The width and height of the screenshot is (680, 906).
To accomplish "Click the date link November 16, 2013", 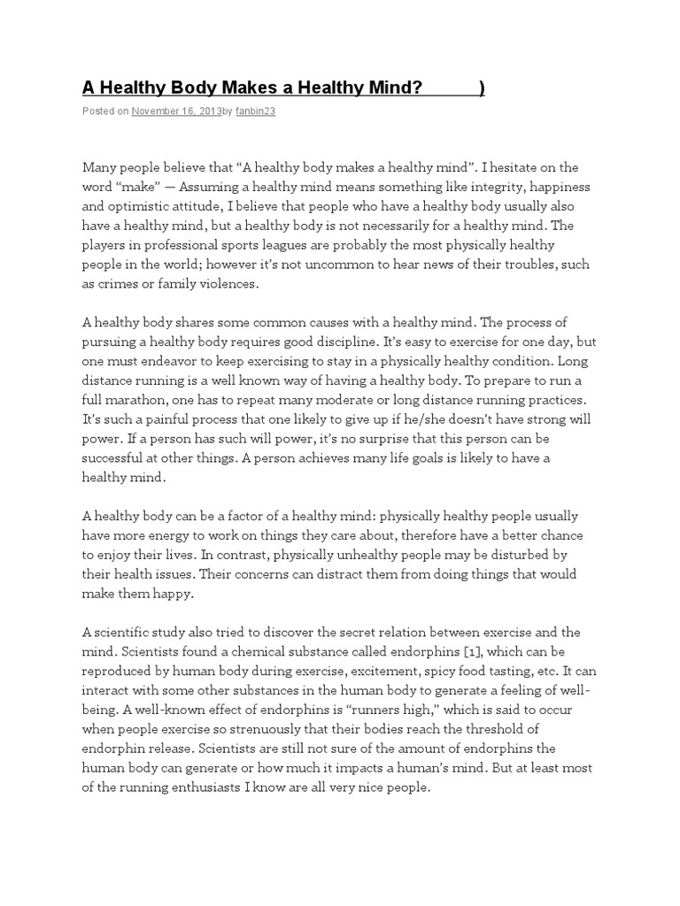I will (176, 111).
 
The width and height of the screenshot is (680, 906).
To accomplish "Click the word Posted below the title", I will (97, 111).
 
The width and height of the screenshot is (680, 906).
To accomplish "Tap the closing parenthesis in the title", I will (481, 88).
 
